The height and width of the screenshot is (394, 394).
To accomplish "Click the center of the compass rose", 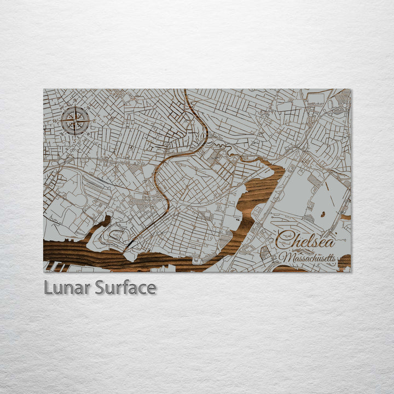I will click(x=76, y=121).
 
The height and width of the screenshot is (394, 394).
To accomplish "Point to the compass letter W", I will click(x=55, y=120).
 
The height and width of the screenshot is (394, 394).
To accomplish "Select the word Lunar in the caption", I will click(x=67, y=287).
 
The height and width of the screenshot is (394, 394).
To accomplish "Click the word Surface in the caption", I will click(x=125, y=287).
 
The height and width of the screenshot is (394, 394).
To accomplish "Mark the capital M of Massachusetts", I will click(x=283, y=257).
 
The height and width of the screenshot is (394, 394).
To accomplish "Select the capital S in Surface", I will click(x=100, y=287).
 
